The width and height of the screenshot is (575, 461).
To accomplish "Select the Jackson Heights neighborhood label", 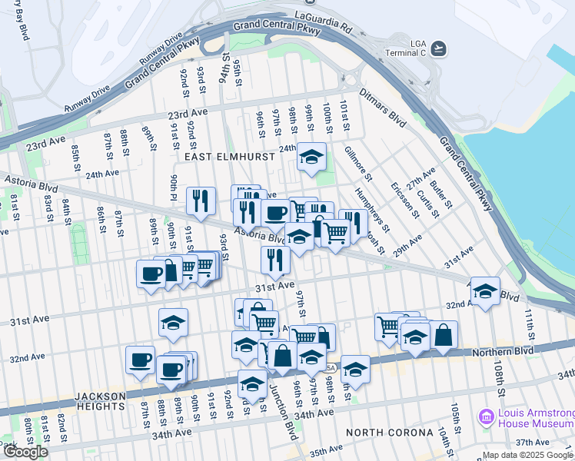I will tap(101, 400).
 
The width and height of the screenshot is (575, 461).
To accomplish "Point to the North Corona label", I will tap(389, 433).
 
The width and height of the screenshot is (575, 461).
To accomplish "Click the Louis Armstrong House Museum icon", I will tap(486, 418).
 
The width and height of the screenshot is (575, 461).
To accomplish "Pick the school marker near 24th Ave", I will tap(311, 157).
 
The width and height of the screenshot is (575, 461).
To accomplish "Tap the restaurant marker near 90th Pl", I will tap(201, 201).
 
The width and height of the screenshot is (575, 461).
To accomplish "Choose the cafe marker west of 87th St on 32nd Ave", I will tap(140, 360).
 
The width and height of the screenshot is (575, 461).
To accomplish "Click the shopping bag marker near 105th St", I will tap(444, 334).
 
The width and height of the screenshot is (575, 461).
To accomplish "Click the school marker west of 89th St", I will tap(174, 323).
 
